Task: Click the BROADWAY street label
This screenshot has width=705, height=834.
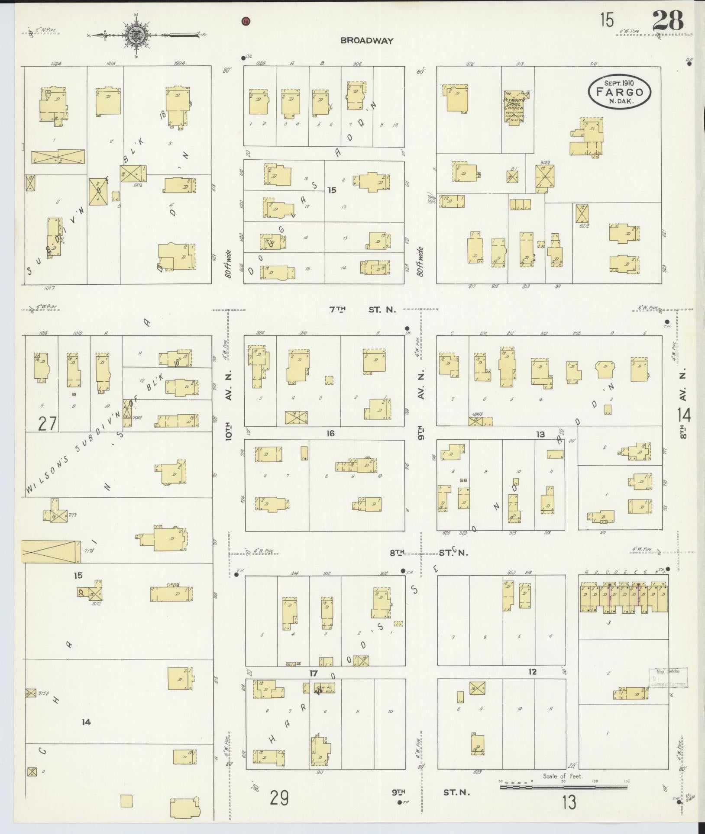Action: (x=367, y=41)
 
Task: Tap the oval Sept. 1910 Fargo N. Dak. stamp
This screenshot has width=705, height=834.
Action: (x=620, y=92)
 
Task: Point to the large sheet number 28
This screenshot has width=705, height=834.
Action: (x=667, y=20)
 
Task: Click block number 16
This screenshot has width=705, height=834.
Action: (x=330, y=433)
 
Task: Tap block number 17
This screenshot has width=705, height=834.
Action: (x=314, y=673)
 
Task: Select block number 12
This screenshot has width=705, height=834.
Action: (x=532, y=672)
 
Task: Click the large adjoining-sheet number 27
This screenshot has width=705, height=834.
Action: (x=47, y=423)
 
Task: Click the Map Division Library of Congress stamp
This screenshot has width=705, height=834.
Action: (x=667, y=677)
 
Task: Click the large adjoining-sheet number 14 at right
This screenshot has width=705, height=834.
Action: (x=685, y=415)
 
